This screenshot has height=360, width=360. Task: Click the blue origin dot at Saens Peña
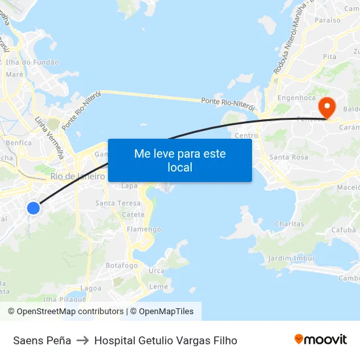(33, 208)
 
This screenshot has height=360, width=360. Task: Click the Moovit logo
(320, 340)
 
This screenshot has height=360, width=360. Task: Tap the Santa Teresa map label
(118, 204)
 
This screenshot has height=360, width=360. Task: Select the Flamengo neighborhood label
(144, 230)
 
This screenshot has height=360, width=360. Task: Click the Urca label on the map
(156, 271)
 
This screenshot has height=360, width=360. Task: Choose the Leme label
(158, 287)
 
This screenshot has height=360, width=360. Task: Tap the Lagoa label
(90, 288)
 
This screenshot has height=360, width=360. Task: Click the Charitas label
(289, 224)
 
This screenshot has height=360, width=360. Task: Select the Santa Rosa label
(289, 157)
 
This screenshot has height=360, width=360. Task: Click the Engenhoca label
(297, 98)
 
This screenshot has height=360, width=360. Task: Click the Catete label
(134, 215)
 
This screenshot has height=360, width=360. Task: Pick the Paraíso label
(327, 20)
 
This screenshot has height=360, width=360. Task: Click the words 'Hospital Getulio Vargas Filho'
(166, 340)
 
